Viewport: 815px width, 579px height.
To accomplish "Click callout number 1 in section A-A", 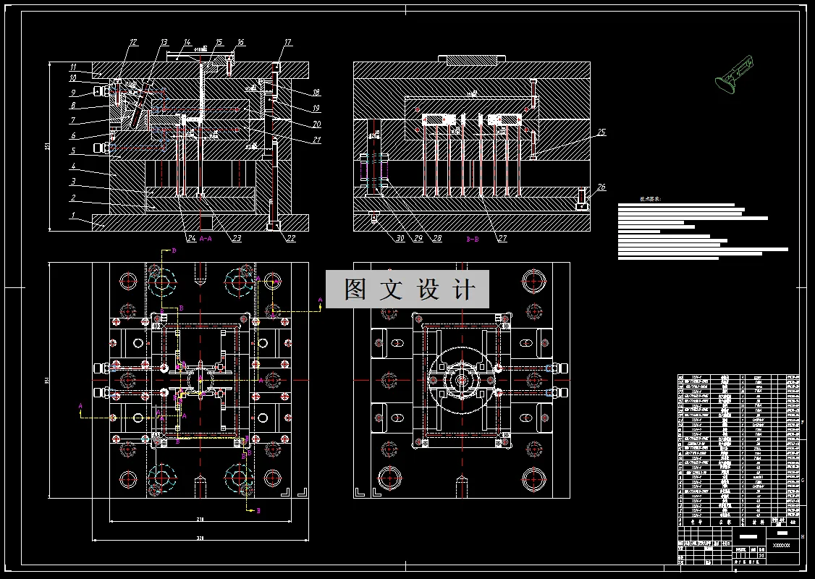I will coord(73,215).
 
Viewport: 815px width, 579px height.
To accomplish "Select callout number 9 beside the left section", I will coord(73,93).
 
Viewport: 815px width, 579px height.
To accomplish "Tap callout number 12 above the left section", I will coord(132,43).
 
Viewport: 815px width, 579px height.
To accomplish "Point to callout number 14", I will coord(187,42).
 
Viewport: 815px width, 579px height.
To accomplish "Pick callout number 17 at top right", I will coord(287,43).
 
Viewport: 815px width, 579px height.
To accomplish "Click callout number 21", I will coord(317,140).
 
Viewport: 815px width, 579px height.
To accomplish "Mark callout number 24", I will coord(191,238).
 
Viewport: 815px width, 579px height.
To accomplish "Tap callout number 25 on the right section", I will coord(601,132).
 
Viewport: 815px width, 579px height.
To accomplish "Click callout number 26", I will coord(601,187).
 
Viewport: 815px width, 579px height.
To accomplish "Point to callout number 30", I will coord(380,238).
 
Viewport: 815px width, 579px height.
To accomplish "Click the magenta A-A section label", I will coord(206,238).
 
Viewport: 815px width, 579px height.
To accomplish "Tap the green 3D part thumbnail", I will coord(732,77).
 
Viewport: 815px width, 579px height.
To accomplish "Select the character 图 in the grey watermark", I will coord(355,289).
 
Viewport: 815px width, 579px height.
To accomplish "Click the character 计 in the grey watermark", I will coord(463,289).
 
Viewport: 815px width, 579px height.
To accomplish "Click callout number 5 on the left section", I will coord(73,151).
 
